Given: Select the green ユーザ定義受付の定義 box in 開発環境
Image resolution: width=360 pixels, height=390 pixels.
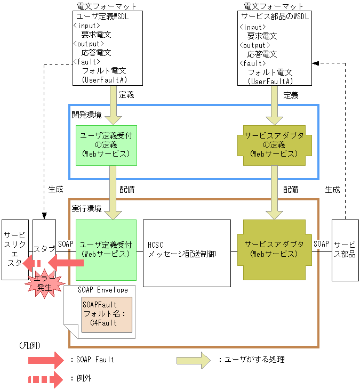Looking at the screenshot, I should [x=106, y=145].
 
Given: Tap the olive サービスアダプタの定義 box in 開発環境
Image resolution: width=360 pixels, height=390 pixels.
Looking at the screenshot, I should [x=274, y=145].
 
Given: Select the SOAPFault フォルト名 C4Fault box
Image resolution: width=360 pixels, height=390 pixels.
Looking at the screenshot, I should [x=107, y=313].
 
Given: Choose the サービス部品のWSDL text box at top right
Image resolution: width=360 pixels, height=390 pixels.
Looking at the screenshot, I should [x=275, y=48].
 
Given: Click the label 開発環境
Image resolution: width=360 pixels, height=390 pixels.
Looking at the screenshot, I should [x=86, y=115].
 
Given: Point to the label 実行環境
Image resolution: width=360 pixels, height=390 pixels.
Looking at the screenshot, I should [x=86, y=208].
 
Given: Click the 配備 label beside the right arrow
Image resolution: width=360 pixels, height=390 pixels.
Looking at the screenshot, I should [x=291, y=189].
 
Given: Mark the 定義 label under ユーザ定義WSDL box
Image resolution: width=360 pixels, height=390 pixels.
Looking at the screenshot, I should [x=126, y=95].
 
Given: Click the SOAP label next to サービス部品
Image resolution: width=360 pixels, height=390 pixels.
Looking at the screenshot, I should [x=321, y=243].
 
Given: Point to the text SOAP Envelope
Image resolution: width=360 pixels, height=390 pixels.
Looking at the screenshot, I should [x=102, y=290].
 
